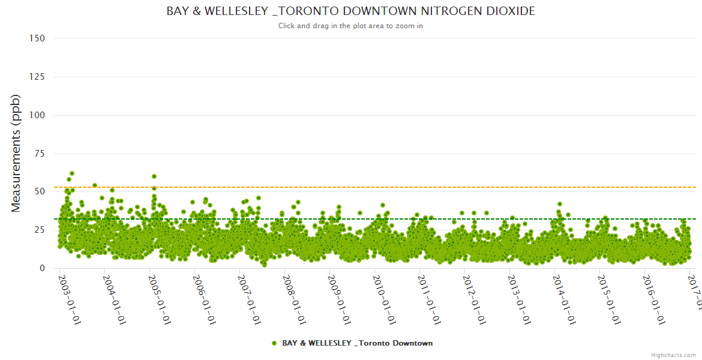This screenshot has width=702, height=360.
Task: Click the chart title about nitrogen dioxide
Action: tap(351, 11)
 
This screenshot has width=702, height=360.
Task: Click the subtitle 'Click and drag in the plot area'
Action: tap(351, 26)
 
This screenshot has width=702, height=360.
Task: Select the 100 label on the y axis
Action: tap(37, 115)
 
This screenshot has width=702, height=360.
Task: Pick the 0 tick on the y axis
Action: tap(42, 268)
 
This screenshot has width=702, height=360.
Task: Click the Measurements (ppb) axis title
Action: tap(16, 153)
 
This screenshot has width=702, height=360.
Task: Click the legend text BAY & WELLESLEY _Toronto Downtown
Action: tap(357, 343)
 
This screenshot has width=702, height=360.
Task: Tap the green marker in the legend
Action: tap(274, 343)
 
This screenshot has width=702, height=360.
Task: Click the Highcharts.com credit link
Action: tap(673, 355)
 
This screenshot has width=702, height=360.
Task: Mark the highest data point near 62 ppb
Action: tap(72, 173)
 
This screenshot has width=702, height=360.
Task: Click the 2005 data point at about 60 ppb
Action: tap(154, 176)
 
